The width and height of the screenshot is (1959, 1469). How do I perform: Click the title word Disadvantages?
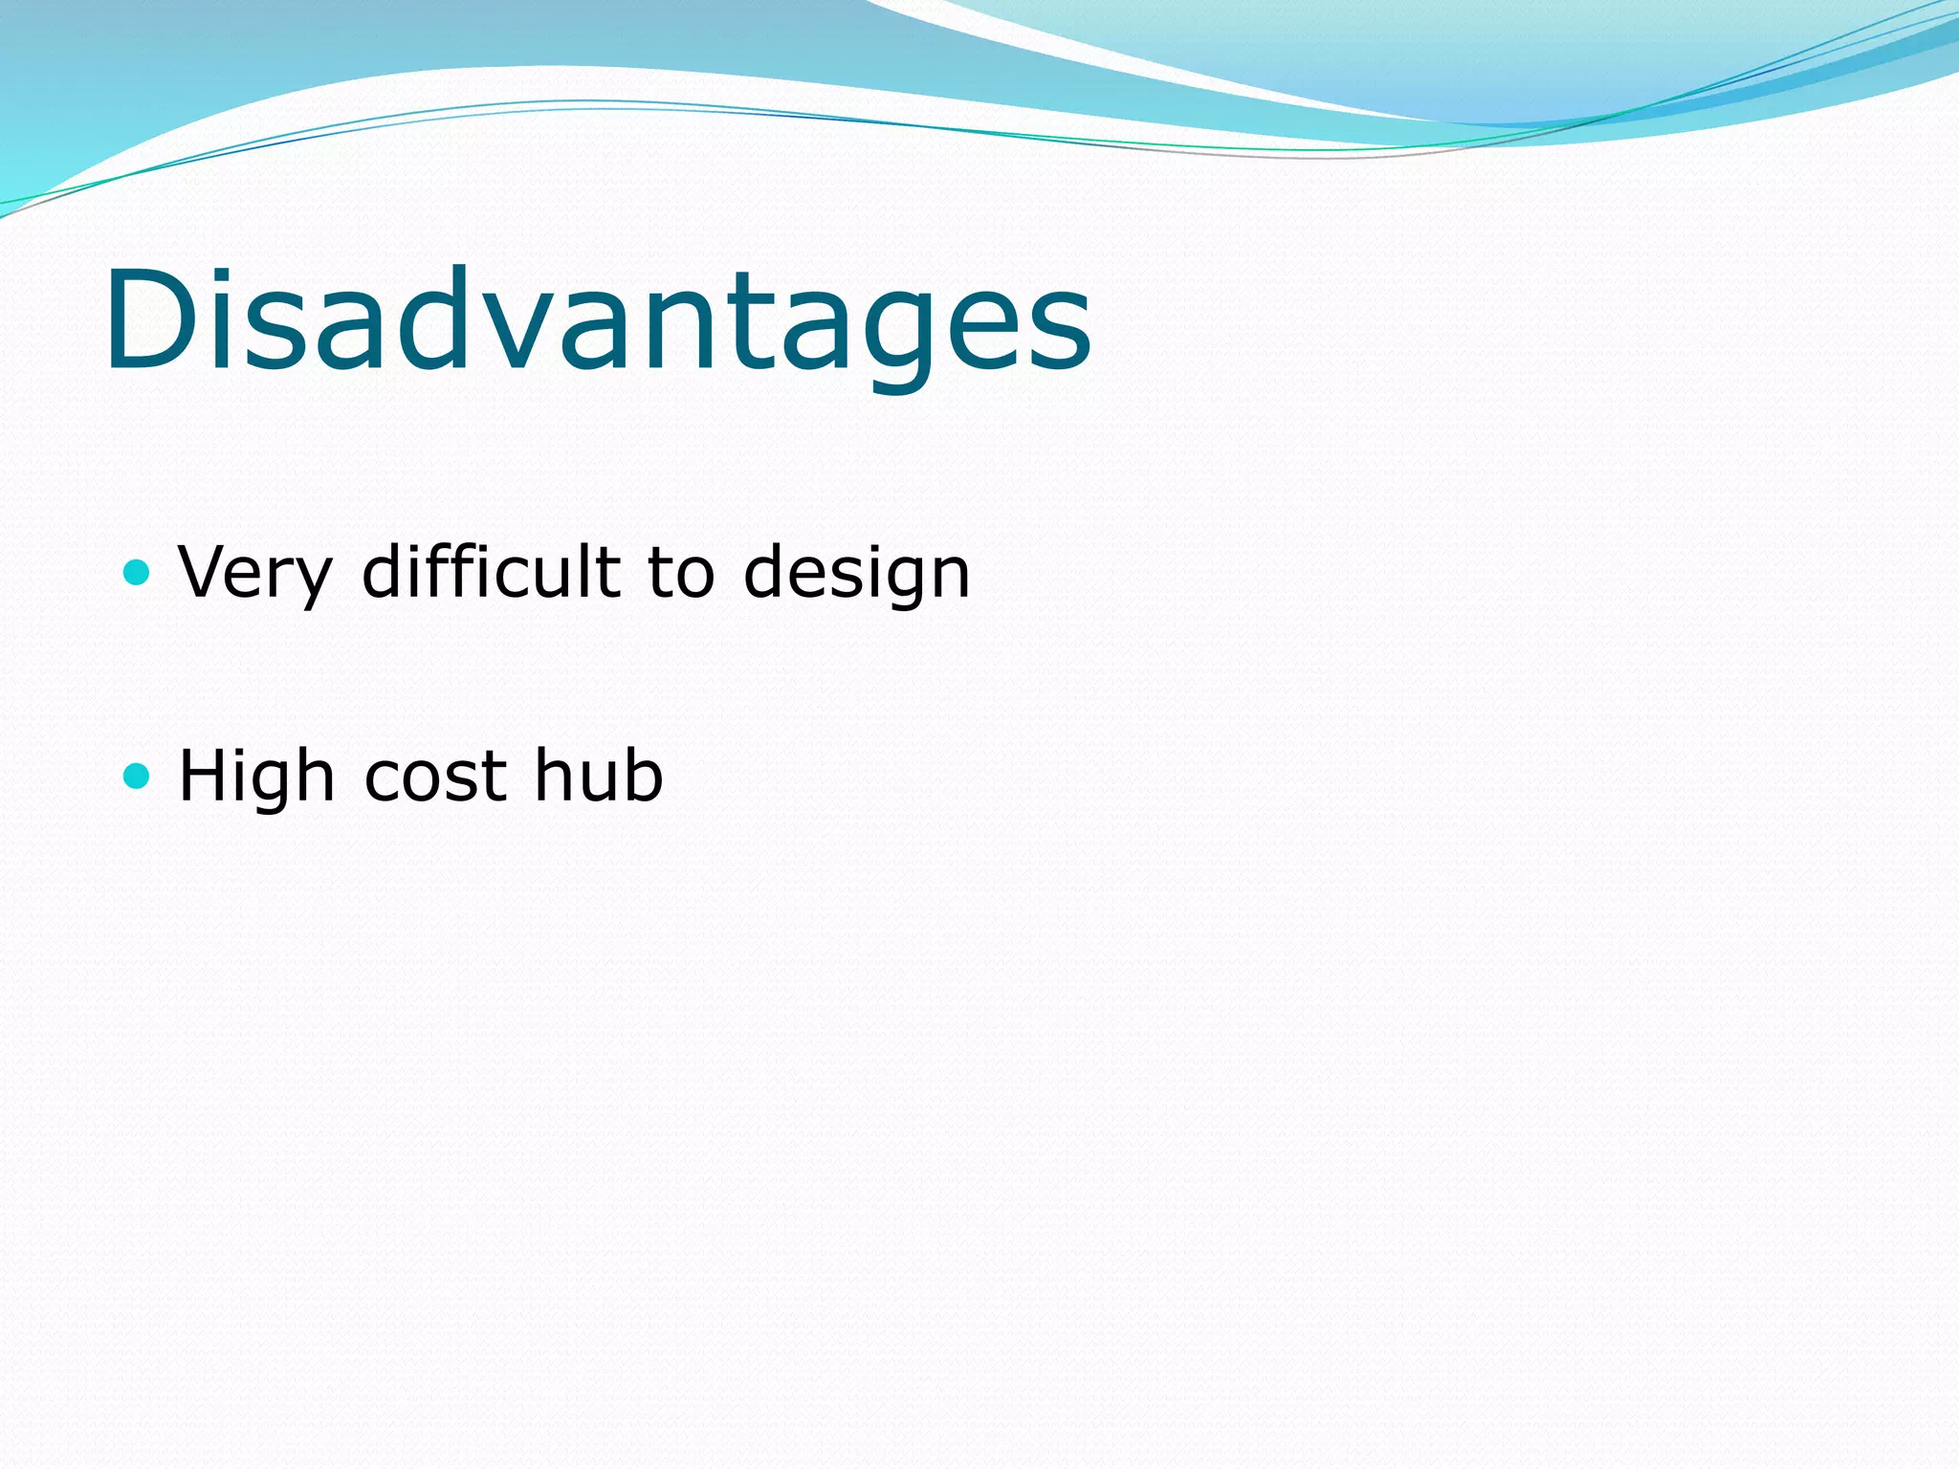pos(597,320)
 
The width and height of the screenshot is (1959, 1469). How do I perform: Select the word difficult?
pos(492,572)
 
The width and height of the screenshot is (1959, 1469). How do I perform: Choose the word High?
pos(256,777)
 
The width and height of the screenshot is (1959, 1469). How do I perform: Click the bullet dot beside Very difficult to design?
pos(138,573)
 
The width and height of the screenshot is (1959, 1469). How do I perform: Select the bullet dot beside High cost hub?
pos(138,776)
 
